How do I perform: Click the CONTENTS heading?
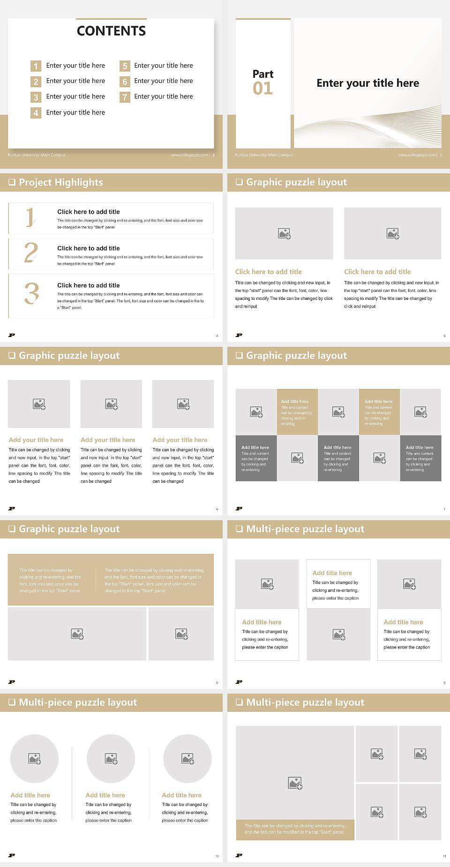[x=111, y=31]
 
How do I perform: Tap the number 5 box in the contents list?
[x=125, y=66]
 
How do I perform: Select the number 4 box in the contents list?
[x=36, y=113]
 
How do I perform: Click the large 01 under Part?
[x=262, y=88]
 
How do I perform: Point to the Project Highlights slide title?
[x=60, y=182]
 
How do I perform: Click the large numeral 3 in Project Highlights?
[x=31, y=294]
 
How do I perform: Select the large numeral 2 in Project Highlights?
[x=31, y=253]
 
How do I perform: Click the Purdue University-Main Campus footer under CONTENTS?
[x=37, y=155]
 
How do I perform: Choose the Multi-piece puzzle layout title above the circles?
[x=78, y=702]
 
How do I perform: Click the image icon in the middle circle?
[x=111, y=758]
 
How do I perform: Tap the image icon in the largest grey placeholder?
[x=295, y=783]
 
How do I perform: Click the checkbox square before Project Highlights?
[x=12, y=182]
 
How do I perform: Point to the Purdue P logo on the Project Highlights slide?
[x=12, y=335]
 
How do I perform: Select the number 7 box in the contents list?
[x=125, y=97]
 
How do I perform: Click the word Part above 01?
[x=262, y=74]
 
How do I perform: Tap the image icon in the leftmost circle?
[x=35, y=758]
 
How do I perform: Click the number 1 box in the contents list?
[x=36, y=66]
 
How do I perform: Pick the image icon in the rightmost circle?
[x=187, y=758]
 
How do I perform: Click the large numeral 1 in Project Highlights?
[x=30, y=217]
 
